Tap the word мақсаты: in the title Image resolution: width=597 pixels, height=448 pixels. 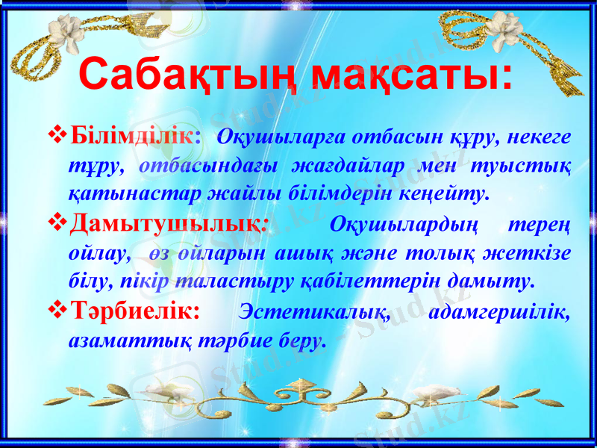pos(410,75)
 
